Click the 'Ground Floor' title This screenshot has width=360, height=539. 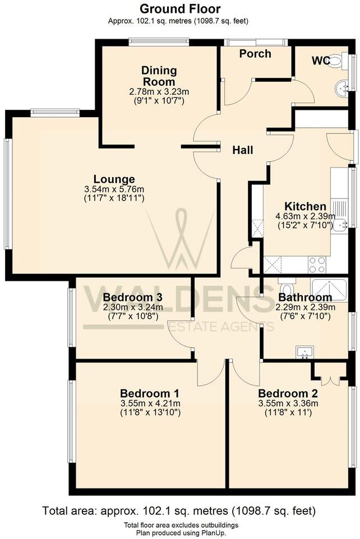pos(179,9)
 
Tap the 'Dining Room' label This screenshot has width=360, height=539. pos(159,76)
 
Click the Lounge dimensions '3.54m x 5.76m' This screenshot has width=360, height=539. pos(114,189)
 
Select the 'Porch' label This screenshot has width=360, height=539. pos(255,54)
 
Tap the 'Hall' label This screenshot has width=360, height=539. pos(243,150)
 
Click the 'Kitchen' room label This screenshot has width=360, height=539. pos(304,206)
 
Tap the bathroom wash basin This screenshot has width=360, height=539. pos(304,352)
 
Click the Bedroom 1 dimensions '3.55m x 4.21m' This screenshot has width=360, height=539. pos(150,403)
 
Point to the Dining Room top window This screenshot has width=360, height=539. pos(159,41)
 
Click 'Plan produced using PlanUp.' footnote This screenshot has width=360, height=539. pos(179,533)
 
